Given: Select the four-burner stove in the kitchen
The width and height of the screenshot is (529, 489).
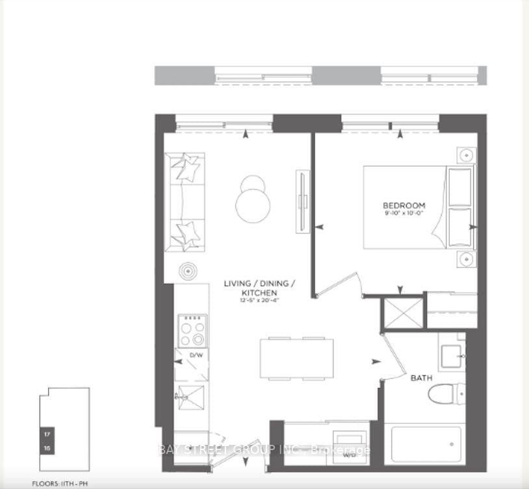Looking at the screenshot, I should click(192, 331).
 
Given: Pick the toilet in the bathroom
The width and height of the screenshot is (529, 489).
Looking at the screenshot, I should click(452, 392).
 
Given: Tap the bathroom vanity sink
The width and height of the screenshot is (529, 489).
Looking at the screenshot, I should click(452, 356).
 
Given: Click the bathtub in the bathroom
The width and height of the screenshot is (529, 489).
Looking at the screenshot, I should click(424, 445).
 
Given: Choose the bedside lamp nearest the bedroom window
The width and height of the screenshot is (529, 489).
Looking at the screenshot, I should click(465, 155).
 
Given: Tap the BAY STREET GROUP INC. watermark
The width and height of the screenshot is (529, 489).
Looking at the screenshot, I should click(264, 449).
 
